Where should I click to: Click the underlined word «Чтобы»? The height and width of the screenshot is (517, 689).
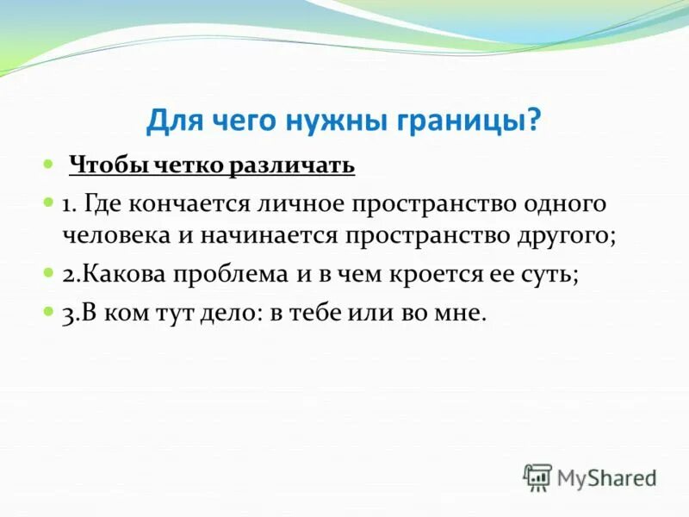[x=103, y=165]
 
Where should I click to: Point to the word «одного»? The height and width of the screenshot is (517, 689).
[x=566, y=205]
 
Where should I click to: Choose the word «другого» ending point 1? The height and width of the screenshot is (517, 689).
[x=565, y=235]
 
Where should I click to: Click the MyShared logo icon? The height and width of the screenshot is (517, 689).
[x=537, y=477]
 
